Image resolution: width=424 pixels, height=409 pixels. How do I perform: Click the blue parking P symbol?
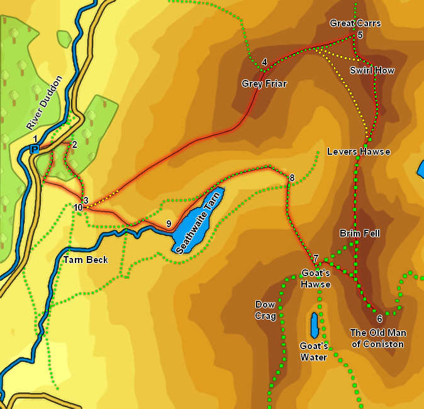click(x=35, y=149)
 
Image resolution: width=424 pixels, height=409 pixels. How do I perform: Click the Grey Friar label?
click(x=264, y=83)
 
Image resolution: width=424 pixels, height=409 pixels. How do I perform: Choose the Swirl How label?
click(x=372, y=70)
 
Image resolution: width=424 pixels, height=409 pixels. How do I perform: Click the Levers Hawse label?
click(x=359, y=152)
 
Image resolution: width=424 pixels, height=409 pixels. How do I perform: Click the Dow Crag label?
click(x=265, y=310)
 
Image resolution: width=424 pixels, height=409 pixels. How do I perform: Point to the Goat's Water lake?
click(x=314, y=325)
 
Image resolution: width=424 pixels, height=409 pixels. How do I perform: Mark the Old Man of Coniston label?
click(x=377, y=339)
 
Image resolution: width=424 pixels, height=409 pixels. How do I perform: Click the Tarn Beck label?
click(x=86, y=260)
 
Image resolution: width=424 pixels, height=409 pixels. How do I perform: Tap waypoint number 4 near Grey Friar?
click(x=264, y=62)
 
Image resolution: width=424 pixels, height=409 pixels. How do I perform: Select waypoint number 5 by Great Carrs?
click(x=360, y=35)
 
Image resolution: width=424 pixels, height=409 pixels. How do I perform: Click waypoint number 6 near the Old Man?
click(x=379, y=319)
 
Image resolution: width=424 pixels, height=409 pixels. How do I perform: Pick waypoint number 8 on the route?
click(x=291, y=178)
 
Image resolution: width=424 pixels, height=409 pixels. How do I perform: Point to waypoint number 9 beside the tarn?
click(x=169, y=224)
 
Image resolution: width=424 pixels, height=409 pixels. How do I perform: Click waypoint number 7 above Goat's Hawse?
click(x=315, y=258)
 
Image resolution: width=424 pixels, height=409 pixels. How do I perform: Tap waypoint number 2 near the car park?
click(x=74, y=145)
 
